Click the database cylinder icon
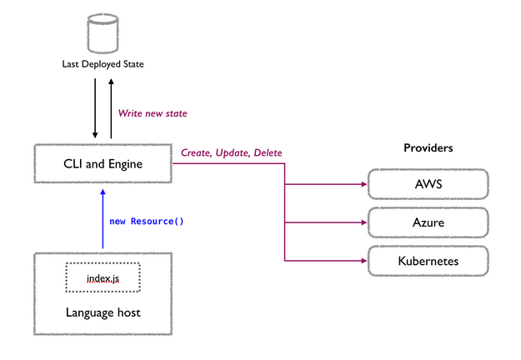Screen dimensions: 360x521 coord(103,34)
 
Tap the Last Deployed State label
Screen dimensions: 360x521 coord(103,63)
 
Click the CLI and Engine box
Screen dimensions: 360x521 coord(103,164)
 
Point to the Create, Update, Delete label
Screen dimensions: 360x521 coord(231,153)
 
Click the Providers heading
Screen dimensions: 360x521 coord(428,147)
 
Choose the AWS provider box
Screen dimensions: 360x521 coord(428,183)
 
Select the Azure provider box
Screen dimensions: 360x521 coord(428,223)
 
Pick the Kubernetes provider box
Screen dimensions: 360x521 coord(428,262)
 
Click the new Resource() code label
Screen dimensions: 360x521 coord(147,222)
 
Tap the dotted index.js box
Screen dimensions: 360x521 coord(103,277)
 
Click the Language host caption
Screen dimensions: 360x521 coord(103,312)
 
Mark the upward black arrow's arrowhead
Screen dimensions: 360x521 coord(110,81)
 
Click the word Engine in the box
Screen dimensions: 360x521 coord(124,165)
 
